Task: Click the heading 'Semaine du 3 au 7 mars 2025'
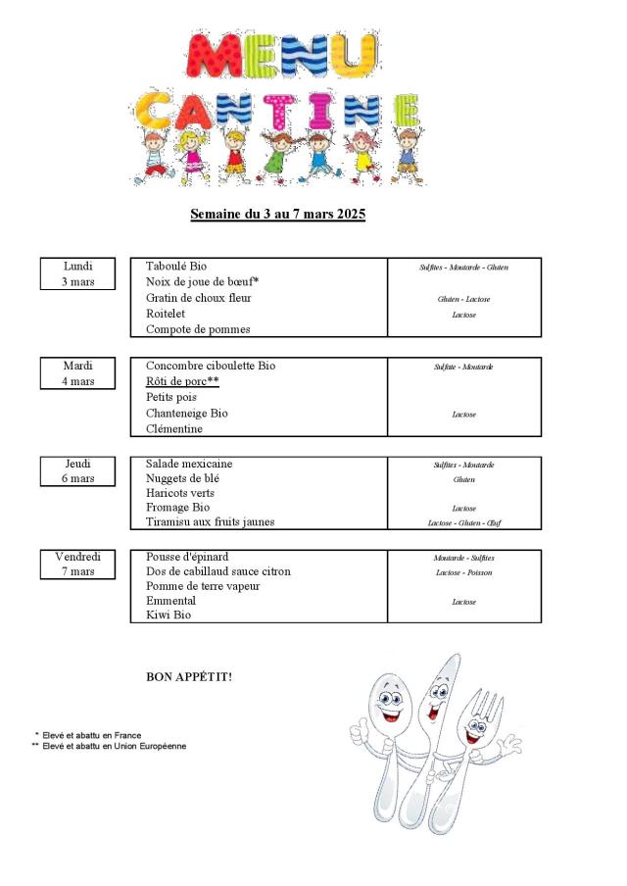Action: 277,214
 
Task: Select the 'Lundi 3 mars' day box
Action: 78,273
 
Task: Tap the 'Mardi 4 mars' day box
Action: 78,373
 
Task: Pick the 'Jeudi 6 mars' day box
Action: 78,470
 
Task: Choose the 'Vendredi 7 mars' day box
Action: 78,564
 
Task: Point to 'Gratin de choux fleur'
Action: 199,298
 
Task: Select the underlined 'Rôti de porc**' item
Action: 182,381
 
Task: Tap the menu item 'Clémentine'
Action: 174,428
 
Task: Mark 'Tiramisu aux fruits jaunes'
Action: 211,521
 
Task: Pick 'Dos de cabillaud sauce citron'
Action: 218,571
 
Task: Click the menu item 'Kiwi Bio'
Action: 169,615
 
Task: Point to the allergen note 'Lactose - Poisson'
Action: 464,572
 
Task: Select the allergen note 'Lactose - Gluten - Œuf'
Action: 464,522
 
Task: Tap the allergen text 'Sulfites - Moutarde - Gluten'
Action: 463,268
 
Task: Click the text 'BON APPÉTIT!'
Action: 189,676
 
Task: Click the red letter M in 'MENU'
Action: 214,57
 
